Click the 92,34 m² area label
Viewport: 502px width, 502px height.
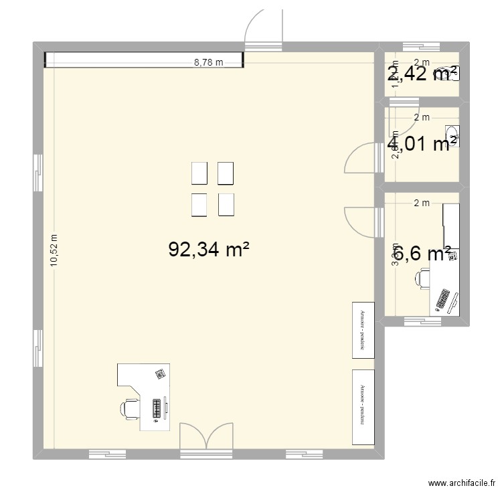(x=209, y=250)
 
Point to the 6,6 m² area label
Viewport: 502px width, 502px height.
(x=422, y=253)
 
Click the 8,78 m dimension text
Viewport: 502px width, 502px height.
(x=208, y=62)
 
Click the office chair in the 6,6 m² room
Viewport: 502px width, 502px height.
(x=423, y=278)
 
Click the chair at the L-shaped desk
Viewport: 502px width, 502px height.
(x=130, y=407)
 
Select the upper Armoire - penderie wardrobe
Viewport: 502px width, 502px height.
(x=362, y=330)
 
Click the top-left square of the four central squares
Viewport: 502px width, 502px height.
(x=199, y=173)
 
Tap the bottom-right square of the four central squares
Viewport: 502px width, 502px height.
(x=226, y=205)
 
